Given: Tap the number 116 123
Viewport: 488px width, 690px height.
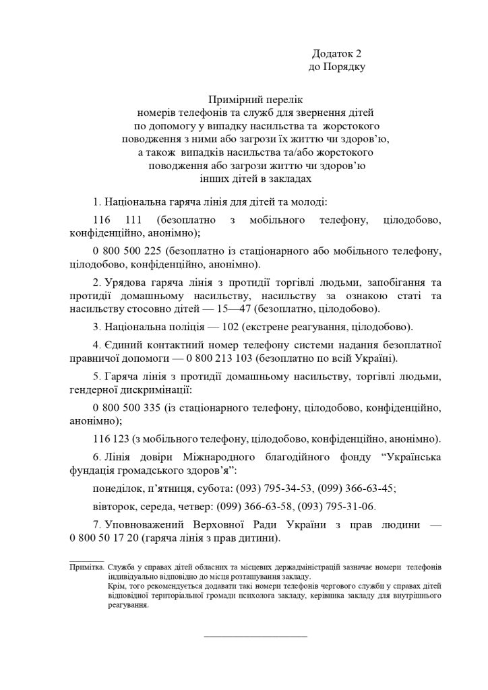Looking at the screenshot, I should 108,439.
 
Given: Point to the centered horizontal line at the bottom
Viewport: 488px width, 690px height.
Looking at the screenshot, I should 255,635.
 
